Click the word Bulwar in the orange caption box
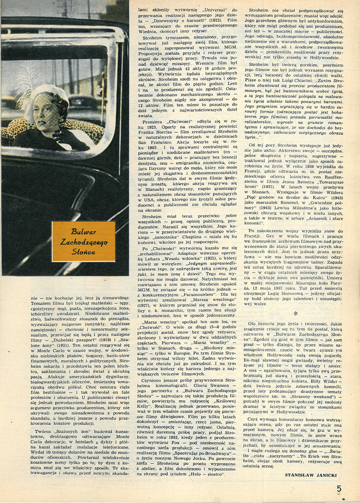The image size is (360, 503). coord(83,231)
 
